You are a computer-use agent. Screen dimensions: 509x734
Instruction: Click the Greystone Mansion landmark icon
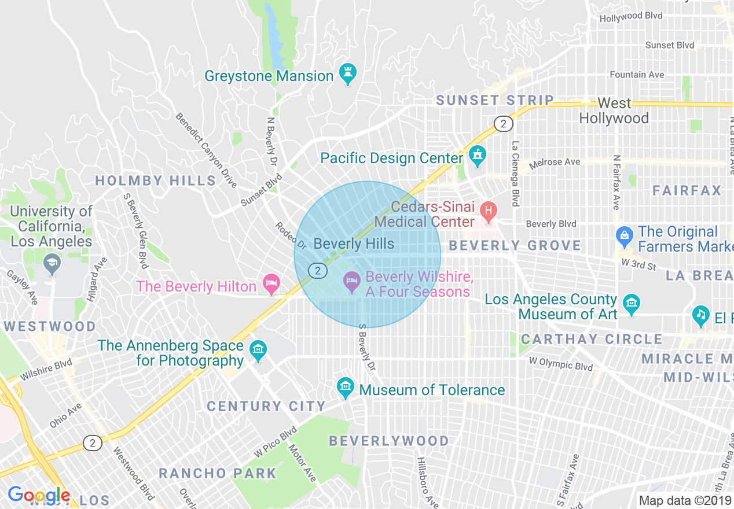point(348,74)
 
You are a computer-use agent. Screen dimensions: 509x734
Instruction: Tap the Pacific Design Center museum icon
point(477,156)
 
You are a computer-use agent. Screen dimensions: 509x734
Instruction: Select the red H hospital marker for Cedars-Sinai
point(488,212)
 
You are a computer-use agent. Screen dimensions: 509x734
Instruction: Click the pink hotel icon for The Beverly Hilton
point(270,284)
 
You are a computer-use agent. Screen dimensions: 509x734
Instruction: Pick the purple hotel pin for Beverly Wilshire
point(351,282)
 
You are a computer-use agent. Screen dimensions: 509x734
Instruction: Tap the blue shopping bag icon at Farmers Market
point(624,235)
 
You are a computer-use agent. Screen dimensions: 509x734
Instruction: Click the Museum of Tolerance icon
point(346,388)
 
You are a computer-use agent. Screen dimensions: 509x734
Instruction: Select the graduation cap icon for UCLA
point(52,264)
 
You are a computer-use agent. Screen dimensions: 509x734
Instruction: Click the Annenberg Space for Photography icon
point(258,351)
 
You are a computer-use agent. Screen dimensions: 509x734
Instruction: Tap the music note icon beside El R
point(701,315)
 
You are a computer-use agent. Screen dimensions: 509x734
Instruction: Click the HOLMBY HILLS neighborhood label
point(156,181)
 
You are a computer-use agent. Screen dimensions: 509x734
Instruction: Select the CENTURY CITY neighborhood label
point(266,406)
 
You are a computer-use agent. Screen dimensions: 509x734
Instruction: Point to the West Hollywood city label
point(614,111)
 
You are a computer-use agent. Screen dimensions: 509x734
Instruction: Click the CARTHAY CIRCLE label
point(591,339)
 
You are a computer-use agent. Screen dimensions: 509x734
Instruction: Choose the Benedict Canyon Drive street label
point(207,150)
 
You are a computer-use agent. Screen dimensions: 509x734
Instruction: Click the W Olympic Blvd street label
point(561,364)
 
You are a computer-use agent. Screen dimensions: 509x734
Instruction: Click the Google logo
point(39,495)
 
